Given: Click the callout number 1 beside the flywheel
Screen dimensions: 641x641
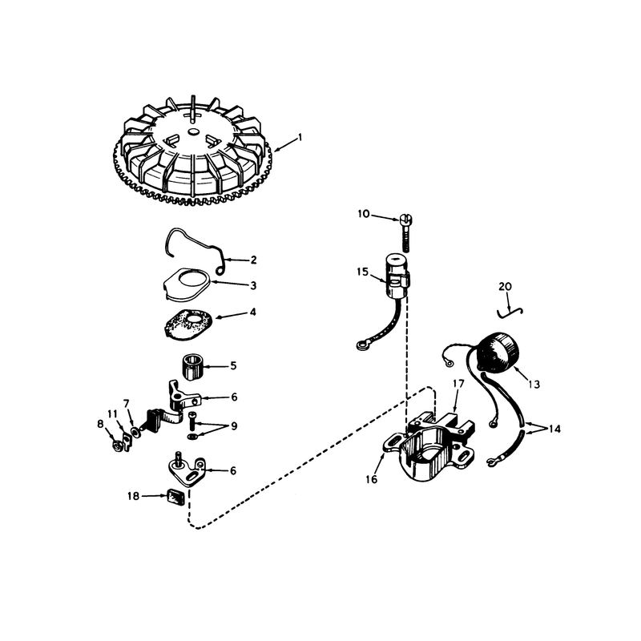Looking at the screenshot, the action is tap(300, 137).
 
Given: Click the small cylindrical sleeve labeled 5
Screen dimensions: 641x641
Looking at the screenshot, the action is tap(191, 367).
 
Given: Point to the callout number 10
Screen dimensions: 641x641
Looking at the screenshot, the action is tap(364, 214).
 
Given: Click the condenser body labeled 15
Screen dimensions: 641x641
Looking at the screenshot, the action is tap(397, 277).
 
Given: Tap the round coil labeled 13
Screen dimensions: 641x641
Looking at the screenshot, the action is tap(498, 353).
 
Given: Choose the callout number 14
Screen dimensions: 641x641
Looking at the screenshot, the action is tap(554, 429).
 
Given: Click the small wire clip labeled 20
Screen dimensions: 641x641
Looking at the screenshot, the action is tap(510, 312).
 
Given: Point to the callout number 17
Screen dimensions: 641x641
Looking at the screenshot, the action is tap(458, 384).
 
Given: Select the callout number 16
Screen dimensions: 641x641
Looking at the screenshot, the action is tap(372, 479).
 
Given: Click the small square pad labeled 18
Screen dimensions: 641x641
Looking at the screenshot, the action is tap(175, 498).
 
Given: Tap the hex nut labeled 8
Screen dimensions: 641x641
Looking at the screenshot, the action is tap(116, 445).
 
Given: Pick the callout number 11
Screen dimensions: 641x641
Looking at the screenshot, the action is tap(112, 413).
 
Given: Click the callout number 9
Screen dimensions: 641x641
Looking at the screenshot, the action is tap(234, 426).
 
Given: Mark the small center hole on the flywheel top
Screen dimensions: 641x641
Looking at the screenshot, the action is tap(192, 131).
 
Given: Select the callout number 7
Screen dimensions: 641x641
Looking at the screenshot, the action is tap(126, 404).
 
